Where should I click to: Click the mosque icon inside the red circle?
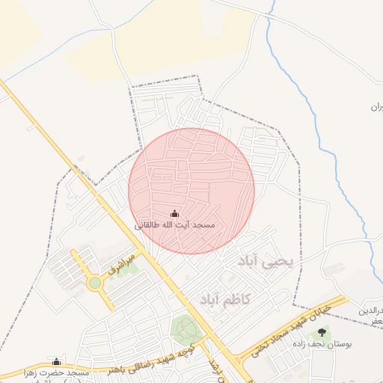point(175,213)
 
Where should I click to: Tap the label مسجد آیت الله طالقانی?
point(175,224)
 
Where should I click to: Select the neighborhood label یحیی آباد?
point(267,261)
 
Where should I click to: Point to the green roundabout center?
point(94,283)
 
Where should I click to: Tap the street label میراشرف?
point(122,264)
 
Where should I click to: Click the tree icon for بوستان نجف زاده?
point(322,331)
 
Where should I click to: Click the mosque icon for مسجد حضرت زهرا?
point(56,361)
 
